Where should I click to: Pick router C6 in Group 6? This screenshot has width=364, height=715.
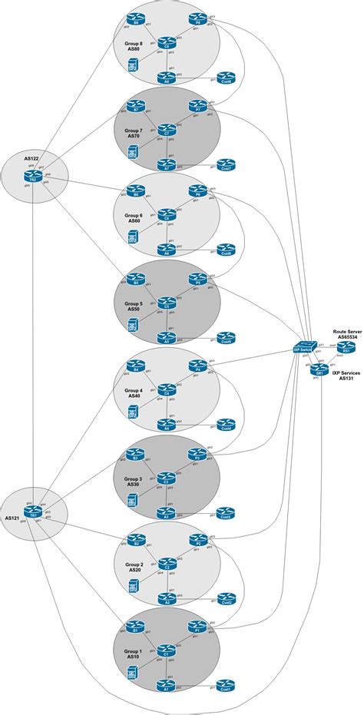point(166,217)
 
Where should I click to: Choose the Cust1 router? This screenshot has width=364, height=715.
point(226,684)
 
